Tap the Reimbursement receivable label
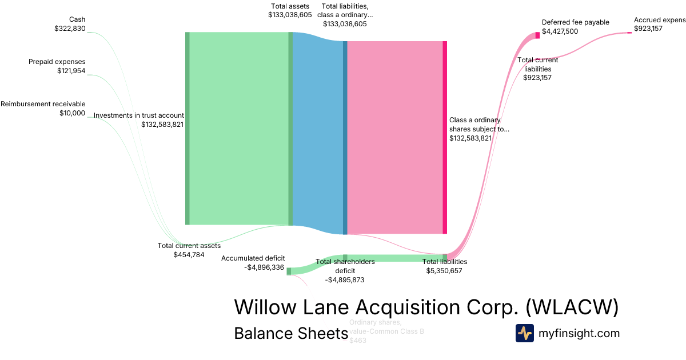(43, 108)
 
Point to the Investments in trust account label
(138, 119)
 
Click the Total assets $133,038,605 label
(290, 10)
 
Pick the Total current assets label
(189, 250)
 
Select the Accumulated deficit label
(253, 262)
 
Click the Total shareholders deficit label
(345, 270)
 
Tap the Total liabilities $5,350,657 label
(444, 266)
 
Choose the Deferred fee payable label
(575, 27)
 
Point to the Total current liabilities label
(537, 69)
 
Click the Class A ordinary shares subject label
(478, 129)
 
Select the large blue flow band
(318, 133)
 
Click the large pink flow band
(394, 137)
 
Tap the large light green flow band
(238, 129)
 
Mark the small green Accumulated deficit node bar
(289, 271)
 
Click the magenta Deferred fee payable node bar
(537, 35)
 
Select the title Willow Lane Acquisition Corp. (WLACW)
(426, 307)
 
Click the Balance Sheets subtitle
(291, 333)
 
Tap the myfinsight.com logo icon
(524, 333)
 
